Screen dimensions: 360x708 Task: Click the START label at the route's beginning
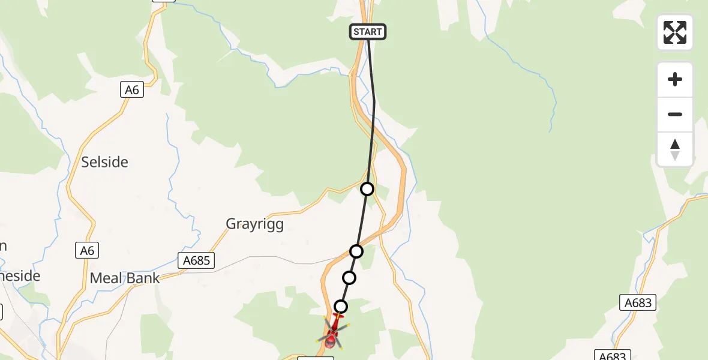[368, 32]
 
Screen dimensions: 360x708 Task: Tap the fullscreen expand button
[675, 32]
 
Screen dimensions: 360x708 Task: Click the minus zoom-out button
[675, 115]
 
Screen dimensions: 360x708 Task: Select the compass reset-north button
[675, 149]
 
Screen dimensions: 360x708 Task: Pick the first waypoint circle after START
[367, 189]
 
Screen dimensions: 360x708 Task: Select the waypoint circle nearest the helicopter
[341, 307]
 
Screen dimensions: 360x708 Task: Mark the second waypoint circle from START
[356, 251]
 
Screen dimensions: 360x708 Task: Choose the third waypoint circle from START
[349, 278]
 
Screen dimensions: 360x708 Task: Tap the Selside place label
[105, 162]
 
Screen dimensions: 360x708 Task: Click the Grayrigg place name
[254, 224]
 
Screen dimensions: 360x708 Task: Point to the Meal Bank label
[125, 278]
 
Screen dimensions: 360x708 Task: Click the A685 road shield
[196, 260]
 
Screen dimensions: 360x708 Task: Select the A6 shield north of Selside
[132, 90]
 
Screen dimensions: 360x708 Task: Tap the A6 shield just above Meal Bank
[88, 251]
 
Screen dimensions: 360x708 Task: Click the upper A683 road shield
[638, 303]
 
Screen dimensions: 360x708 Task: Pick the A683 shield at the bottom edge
[613, 356]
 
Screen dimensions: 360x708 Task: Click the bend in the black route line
[374, 101]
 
